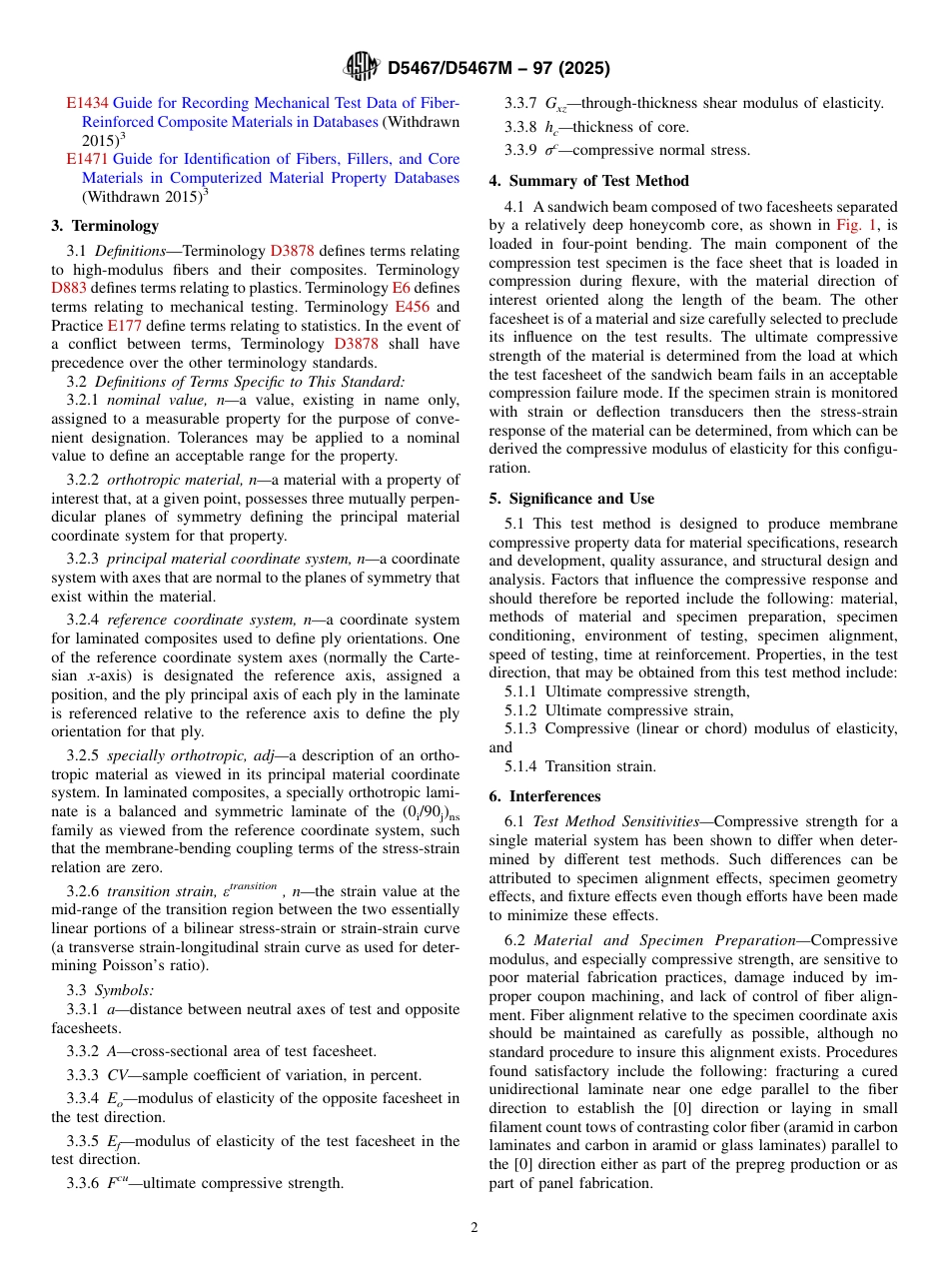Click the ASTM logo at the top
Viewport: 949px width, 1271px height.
[x=361, y=67]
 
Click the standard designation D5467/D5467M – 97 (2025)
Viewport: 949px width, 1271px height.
[x=497, y=68]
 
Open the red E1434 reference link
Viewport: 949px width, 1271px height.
[x=88, y=103]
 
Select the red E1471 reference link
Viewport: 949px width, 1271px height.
[x=88, y=159]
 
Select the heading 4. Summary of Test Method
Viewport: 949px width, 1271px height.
[x=588, y=181]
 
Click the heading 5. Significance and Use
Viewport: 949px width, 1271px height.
[x=571, y=499]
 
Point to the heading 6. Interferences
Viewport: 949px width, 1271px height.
[x=544, y=796]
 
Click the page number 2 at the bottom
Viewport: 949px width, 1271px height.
[x=474, y=1228]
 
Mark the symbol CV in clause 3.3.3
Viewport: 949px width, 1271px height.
[x=118, y=1075]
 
